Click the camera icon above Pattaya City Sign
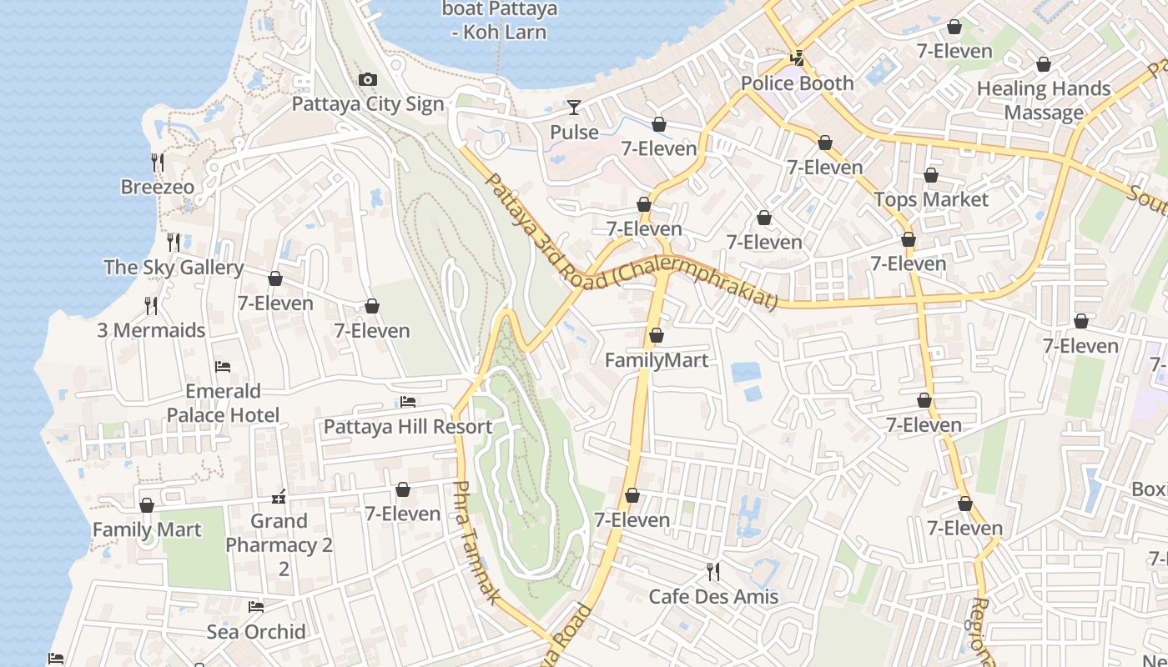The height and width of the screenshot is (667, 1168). click(367, 80)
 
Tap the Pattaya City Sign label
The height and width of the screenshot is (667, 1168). click(367, 104)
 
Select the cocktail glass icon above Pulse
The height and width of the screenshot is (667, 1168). click(574, 108)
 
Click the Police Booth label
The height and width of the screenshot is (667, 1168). click(798, 83)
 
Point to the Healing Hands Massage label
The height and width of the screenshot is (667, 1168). click(1044, 100)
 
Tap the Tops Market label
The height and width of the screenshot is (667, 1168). click(930, 199)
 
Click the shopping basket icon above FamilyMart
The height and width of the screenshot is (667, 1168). click(657, 336)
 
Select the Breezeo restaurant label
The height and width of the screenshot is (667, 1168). click(158, 187)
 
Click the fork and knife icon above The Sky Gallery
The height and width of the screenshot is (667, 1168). click(174, 243)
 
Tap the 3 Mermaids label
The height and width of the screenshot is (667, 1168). click(151, 330)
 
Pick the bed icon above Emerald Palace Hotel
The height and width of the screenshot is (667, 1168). click(223, 366)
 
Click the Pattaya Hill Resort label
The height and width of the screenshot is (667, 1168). click(408, 427)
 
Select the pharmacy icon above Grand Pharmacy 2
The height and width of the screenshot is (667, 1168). click(279, 498)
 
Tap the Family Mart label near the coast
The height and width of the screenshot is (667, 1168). click(147, 529)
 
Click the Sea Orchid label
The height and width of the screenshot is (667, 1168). click(256, 631)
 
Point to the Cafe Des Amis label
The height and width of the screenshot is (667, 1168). click(713, 596)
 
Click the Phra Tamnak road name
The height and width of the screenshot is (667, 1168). click(477, 542)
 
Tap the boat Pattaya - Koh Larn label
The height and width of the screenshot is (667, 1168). click(499, 21)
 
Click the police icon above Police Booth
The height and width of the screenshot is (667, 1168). click(798, 58)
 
